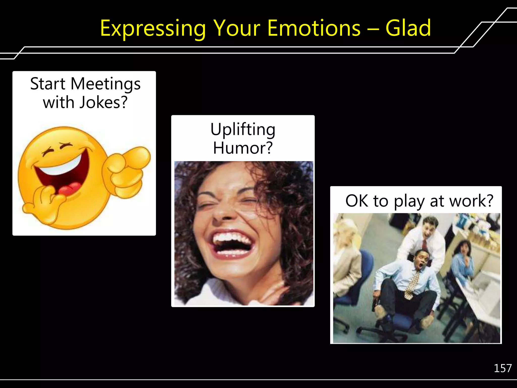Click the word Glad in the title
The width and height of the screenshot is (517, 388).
(x=408, y=28)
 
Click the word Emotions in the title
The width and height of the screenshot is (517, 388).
(x=314, y=28)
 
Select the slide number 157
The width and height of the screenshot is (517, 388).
(x=502, y=368)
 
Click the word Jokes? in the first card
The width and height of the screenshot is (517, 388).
(x=104, y=102)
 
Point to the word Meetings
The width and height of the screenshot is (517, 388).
(x=105, y=84)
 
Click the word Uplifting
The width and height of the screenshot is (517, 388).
(x=243, y=130)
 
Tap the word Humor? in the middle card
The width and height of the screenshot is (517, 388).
(x=243, y=148)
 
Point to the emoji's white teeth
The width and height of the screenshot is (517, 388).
(x=63, y=167)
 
